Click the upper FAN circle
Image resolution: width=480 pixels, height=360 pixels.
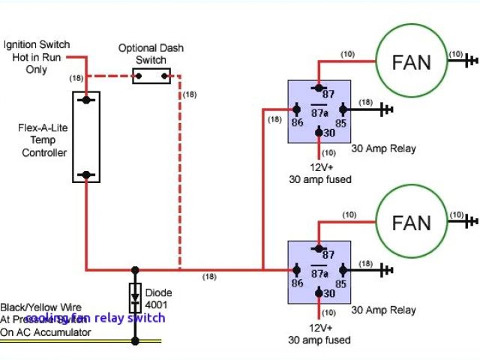(x=412, y=61)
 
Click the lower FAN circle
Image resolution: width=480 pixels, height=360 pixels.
(x=412, y=223)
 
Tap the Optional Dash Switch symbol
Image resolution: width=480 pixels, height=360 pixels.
(x=151, y=74)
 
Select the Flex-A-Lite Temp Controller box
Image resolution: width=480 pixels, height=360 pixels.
(x=87, y=136)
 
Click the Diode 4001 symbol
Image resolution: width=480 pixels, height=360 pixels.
(x=136, y=298)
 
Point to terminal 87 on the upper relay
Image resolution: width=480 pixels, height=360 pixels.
(x=319, y=87)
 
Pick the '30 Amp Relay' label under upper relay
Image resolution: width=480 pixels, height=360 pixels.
(x=383, y=148)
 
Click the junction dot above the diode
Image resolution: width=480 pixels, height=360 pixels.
(x=136, y=269)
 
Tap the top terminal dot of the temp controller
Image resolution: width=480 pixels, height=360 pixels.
(x=87, y=99)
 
